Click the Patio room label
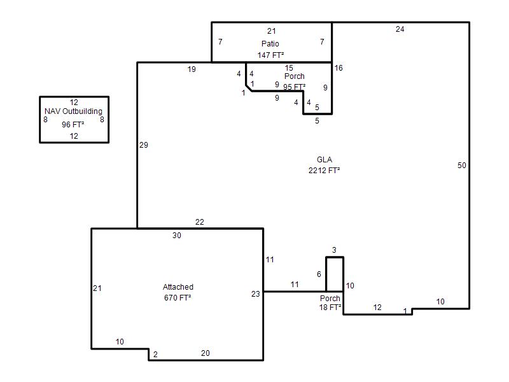click(270, 43)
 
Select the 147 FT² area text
click(271, 55)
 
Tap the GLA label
click(324, 160)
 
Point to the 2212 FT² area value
click(324, 170)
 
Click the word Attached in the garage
click(178, 287)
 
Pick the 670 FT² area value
click(178, 297)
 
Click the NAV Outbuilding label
click(73, 111)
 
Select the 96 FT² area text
click(73, 124)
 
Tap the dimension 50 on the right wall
click(462, 166)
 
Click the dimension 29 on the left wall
click(144, 145)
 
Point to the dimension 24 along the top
click(400, 29)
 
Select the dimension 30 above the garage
click(177, 235)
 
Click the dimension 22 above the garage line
click(200, 222)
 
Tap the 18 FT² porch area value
click(330, 308)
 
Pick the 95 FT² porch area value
click(295, 87)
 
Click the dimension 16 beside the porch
click(338, 68)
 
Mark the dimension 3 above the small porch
click(334, 250)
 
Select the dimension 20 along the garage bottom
click(205, 353)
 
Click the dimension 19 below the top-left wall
click(192, 69)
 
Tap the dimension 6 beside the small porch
click(319, 274)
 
